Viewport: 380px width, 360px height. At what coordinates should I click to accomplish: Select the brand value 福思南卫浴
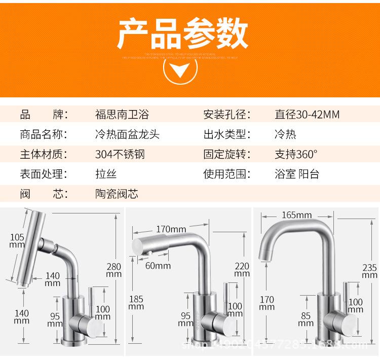(x=122, y=115)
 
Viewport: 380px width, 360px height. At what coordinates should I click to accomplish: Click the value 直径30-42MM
(x=307, y=115)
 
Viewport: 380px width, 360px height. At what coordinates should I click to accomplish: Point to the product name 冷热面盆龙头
(x=128, y=134)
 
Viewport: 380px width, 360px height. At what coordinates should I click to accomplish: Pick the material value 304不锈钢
(x=120, y=154)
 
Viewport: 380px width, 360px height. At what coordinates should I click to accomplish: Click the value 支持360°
(x=296, y=154)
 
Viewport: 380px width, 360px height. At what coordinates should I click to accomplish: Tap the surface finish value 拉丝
(x=106, y=174)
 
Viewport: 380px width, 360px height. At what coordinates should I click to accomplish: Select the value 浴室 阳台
(x=297, y=174)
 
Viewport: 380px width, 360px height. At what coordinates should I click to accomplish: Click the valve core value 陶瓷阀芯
(x=117, y=194)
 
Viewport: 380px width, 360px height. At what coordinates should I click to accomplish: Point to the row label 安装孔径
(x=227, y=115)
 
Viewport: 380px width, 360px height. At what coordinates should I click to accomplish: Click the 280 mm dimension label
(x=113, y=270)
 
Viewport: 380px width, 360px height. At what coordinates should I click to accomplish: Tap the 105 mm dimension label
(x=17, y=240)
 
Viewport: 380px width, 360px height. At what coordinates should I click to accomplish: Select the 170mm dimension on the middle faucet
(x=171, y=229)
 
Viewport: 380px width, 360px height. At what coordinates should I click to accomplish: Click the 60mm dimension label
(x=158, y=265)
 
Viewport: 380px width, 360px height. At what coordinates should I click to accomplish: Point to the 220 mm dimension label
(x=242, y=269)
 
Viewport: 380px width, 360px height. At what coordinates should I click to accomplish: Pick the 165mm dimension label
(x=296, y=215)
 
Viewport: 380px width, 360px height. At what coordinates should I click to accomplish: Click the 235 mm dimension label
(x=369, y=272)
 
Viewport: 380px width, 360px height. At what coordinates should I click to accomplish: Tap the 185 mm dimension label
(x=136, y=303)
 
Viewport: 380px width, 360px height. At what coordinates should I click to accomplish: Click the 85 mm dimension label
(x=306, y=319)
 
